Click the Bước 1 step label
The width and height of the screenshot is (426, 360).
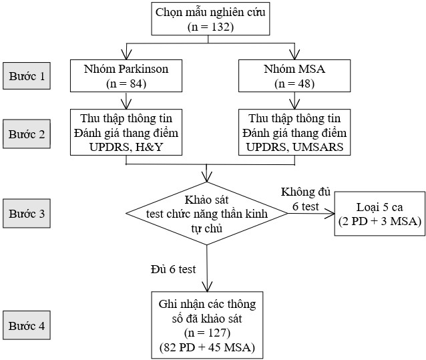click(x=27, y=76)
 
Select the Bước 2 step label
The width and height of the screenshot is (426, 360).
click(x=27, y=134)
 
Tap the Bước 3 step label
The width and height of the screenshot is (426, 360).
click(x=27, y=214)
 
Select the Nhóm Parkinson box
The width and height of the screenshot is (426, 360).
click(x=126, y=76)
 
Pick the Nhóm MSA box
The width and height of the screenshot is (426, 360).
click(x=294, y=76)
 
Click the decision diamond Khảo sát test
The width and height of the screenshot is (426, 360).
click(x=209, y=214)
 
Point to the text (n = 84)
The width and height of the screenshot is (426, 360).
click(x=126, y=84)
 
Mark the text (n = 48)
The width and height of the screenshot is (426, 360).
click(x=294, y=84)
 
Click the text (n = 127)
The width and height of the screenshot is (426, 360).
click(x=208, y=332)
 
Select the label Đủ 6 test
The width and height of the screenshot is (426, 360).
click(x=174, y=269)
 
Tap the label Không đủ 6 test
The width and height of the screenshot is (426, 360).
click(x=305, y=200)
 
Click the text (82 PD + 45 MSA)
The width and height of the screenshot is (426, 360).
click(x=208, y=347)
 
